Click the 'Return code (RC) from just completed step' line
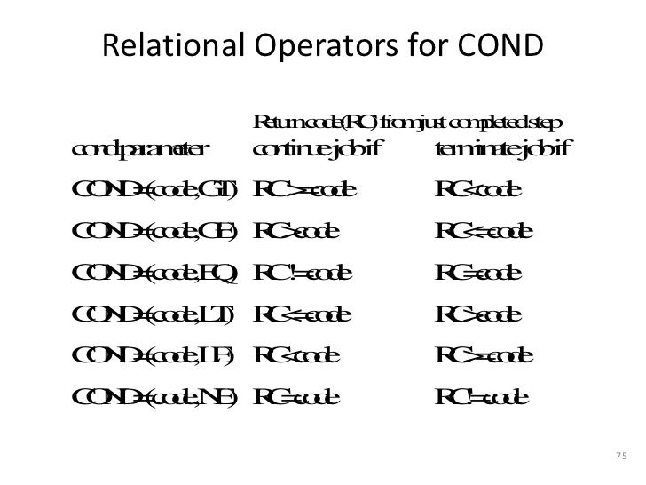coord(408,121)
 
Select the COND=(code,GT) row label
coord(152,190)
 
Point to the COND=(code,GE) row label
coord(151,232)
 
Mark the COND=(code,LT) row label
coord(151,314)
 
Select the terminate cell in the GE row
coord(484,232)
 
